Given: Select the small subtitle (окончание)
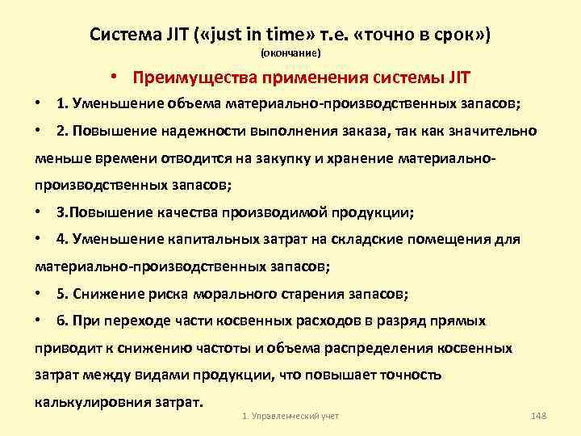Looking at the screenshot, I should (290, 53).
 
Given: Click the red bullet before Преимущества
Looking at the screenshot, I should (116, 78).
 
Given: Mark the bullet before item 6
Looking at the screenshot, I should (39, 321).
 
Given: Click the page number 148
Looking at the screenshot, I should (539, 415).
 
